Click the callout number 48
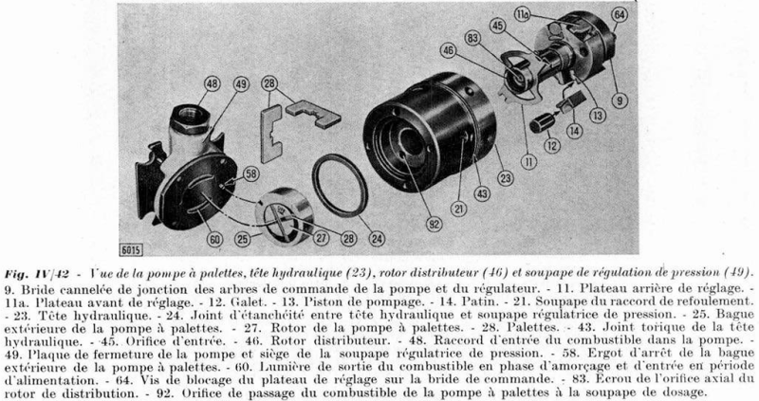212,84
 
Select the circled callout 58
250,173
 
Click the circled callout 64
619,15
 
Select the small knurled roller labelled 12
542,123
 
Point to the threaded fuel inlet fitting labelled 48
198,118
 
